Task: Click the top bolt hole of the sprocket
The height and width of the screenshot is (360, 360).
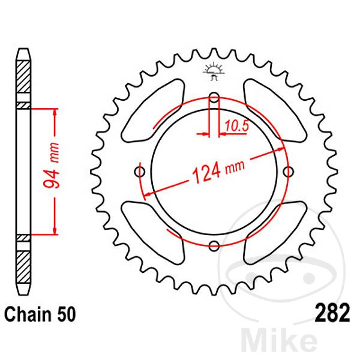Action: click(x=214, y=98)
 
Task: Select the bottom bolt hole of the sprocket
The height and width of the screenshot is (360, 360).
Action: click(x=214, y=244)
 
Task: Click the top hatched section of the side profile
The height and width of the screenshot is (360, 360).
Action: click(x=23, y=75)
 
